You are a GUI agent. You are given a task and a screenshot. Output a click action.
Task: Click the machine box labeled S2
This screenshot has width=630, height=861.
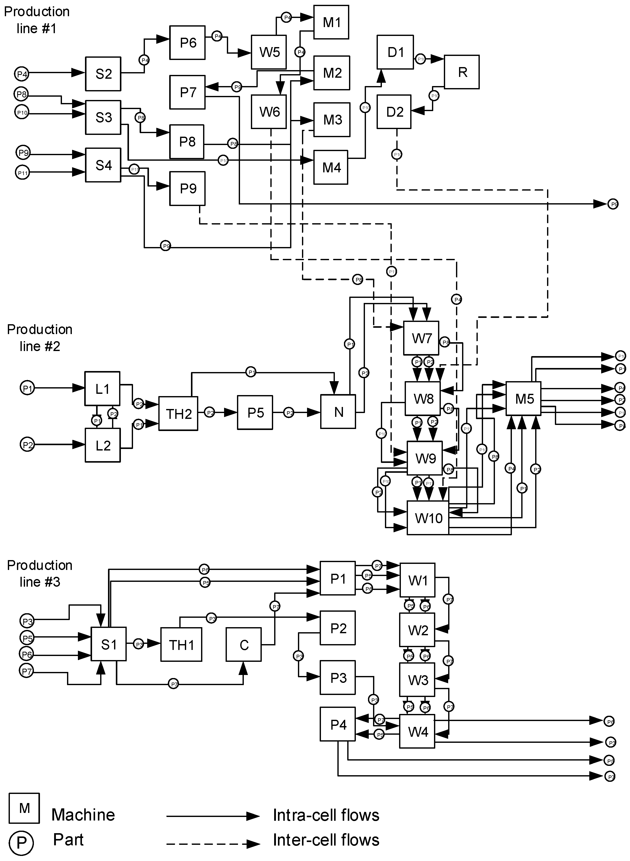coord(103,74)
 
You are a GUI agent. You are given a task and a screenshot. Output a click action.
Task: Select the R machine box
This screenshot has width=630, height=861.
coord(462,72)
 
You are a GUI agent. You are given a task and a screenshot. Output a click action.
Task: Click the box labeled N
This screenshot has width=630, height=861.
coord(338,412)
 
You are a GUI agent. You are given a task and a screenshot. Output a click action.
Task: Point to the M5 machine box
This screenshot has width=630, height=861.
coord(523,398)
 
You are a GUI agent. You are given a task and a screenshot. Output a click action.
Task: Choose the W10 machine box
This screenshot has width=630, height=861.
coord(428,518)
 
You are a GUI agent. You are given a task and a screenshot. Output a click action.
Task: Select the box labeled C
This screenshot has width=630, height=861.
coord(244,645)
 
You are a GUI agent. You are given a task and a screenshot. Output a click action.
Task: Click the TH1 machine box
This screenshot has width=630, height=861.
coord(181,645)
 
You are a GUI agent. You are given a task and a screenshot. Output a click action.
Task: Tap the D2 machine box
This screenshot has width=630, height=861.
coord(394,112)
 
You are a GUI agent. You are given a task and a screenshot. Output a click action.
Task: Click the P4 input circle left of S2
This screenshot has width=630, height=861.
coord(22,74)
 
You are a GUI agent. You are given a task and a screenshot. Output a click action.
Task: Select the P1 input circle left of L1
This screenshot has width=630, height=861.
coord(27,388)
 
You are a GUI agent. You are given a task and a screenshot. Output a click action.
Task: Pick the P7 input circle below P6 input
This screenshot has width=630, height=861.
coord(26,671)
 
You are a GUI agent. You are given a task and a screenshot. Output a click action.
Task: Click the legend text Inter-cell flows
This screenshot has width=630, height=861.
coord(326,840)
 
